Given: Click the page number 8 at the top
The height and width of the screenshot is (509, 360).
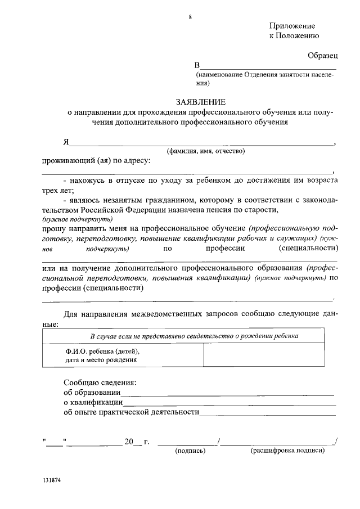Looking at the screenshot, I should coord(190,17).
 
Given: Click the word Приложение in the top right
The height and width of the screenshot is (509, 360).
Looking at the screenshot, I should coord(292,26).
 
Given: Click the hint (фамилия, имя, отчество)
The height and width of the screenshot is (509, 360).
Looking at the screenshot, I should coord(205,151).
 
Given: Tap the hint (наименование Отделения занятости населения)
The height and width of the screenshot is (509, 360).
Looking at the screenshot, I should coord(264,79).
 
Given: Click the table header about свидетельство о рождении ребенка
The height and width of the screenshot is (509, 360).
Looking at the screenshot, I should coord(195,336).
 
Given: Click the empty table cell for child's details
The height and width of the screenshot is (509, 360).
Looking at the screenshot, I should coord(263,356).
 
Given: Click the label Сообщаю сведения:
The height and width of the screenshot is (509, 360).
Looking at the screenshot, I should coord(100,382).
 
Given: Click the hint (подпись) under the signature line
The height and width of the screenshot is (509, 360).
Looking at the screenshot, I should coord(190,451).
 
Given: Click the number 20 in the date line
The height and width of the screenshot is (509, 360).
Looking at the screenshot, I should coord(129,442).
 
